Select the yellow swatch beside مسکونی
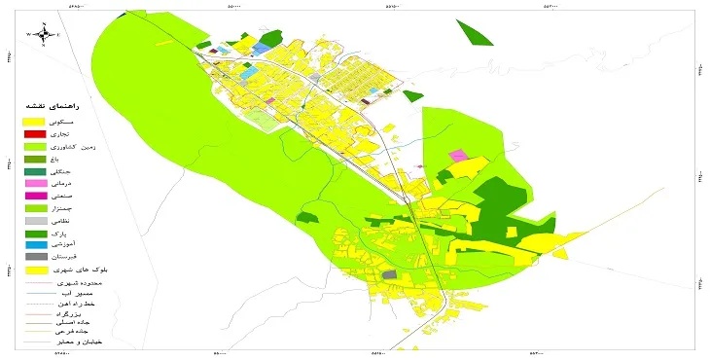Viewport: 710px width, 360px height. click(x=34, y=122)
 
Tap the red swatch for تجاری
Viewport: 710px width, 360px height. click(x=34, y=133)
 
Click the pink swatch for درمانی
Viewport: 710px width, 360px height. click(x=34, y=183)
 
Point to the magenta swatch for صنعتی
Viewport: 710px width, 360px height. click(x=34, y=196)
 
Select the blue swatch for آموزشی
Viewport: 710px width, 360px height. click(x=34, y=245)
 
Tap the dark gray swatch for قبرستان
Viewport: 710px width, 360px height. click(x=34, y=257)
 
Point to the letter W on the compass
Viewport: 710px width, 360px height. click(x=30, y=34)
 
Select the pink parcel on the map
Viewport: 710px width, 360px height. click(x=457, y=156)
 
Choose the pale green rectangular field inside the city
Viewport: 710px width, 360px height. click(x=259, y=120)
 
